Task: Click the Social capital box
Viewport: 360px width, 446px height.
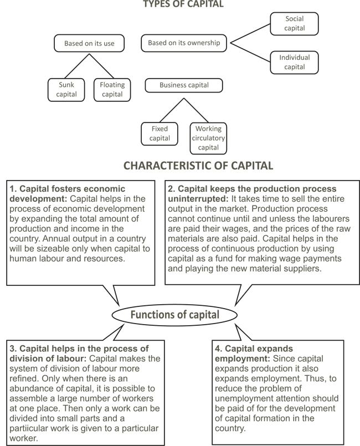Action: pyautogui.click(x=294, y=24)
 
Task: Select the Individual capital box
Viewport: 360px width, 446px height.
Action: pyautogui.click(x=294, y=62)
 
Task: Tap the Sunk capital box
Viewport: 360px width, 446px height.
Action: pyautogui.click(x=66, y=90)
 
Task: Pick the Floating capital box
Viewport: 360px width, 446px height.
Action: pyautogui.click(x=112, y=90)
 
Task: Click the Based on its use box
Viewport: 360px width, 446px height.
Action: pyautogui.click(x=89, y=43)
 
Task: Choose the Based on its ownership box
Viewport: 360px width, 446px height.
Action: pyautogui.click(x=184, y=43)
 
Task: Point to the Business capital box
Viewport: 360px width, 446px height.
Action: pyautogui.click(x=184, y=85)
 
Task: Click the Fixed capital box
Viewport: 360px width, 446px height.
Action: pyautogui.click(x=160, y=134)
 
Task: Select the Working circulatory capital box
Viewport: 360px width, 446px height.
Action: pyautogui.click(x=208, y=139)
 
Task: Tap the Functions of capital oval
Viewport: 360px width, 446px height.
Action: pyautogui.click(x=174, y=315)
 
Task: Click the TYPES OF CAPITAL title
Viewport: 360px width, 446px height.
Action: pyautogui.click(x=183, y=4)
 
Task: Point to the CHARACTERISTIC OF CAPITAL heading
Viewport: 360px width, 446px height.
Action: pyautogui.click(x=198, y=166)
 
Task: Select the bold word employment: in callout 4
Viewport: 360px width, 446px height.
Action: pyautogui.click(x=242, y=359)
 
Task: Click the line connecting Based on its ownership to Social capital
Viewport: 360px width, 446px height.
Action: pyautogui.click(x=250, y=34)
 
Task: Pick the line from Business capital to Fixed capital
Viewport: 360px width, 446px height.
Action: pyautogui.click(x=172, y=110)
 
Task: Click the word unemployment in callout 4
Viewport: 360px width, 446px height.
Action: pyautogui.click(x=242, y=398)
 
